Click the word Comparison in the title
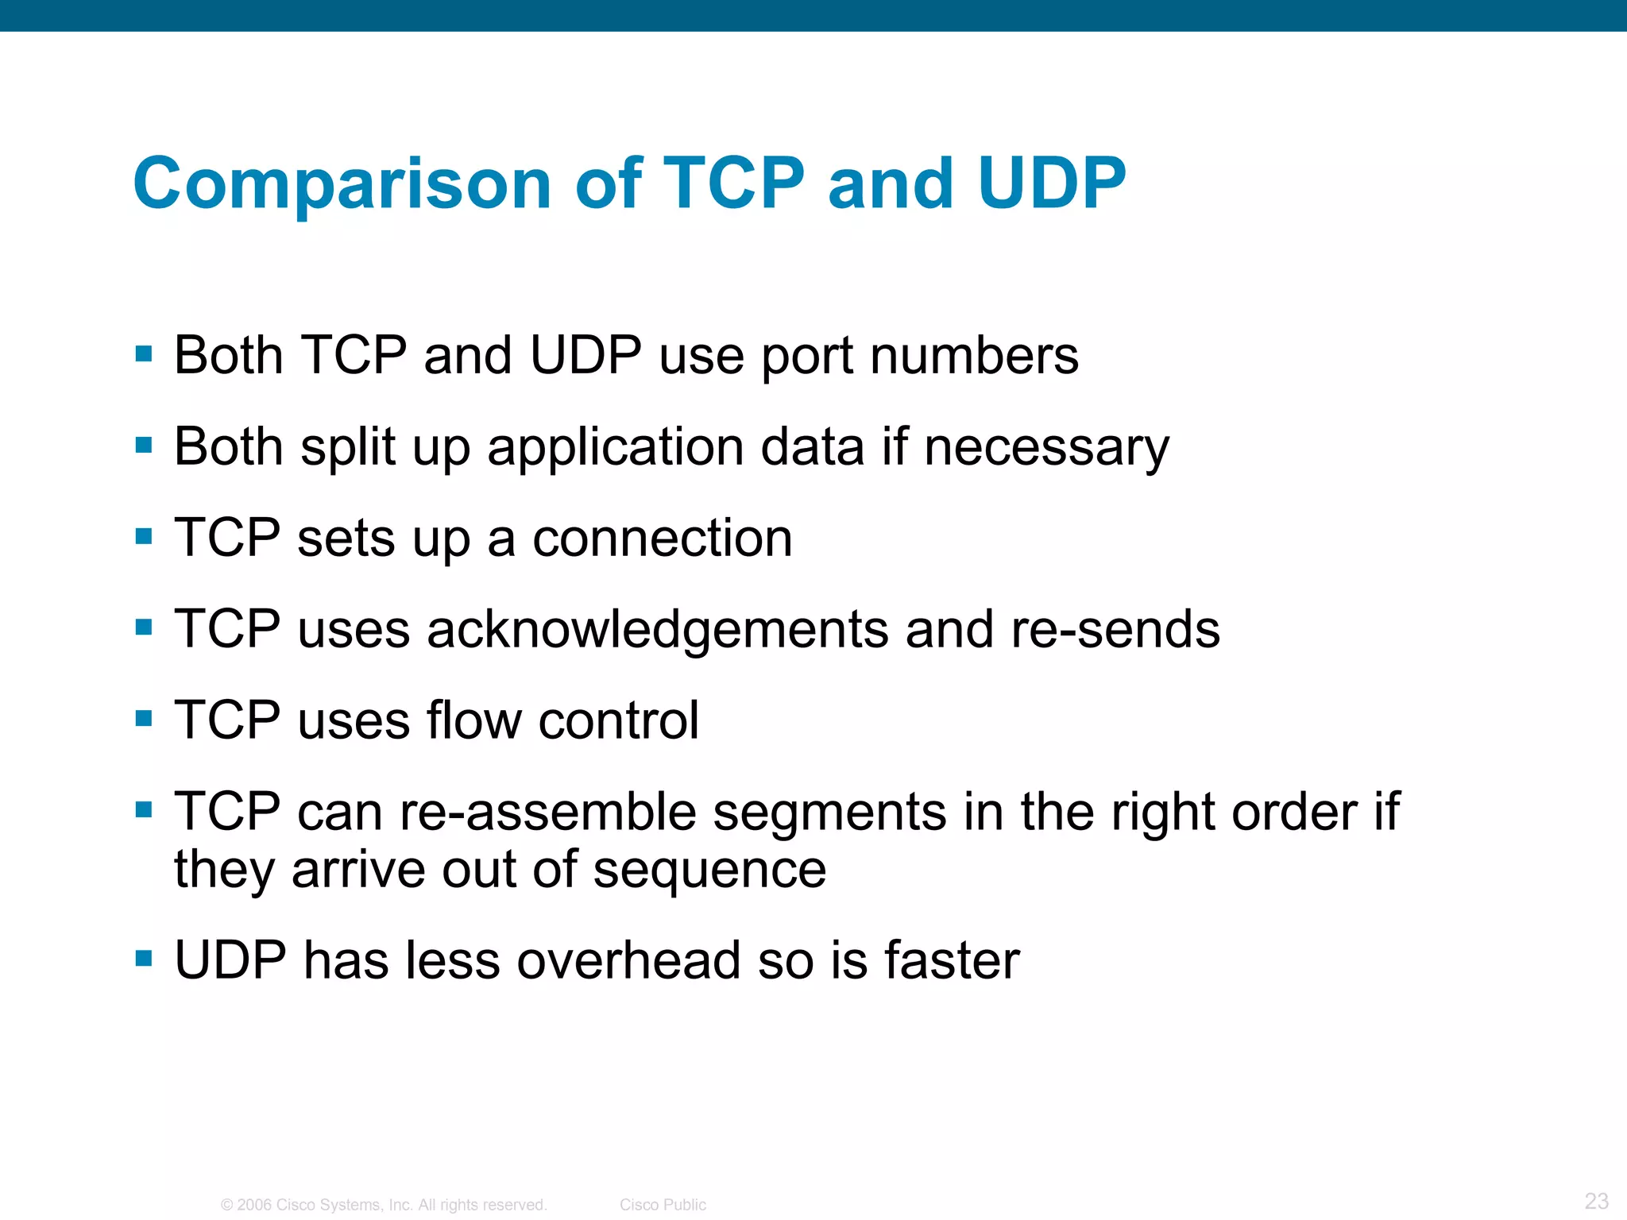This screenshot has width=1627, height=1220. point(342,184)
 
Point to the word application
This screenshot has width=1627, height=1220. point(615,448)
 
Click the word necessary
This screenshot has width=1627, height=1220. point(1046,448)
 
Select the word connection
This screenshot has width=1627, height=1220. point(662,539)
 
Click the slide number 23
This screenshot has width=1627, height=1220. point(1596,1200)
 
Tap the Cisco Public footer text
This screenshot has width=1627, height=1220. point(663,1205)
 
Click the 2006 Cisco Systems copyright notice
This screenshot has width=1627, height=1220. point(384,1205)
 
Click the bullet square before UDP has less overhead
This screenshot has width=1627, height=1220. point(144,958)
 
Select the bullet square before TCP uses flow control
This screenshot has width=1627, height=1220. point(144,719)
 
